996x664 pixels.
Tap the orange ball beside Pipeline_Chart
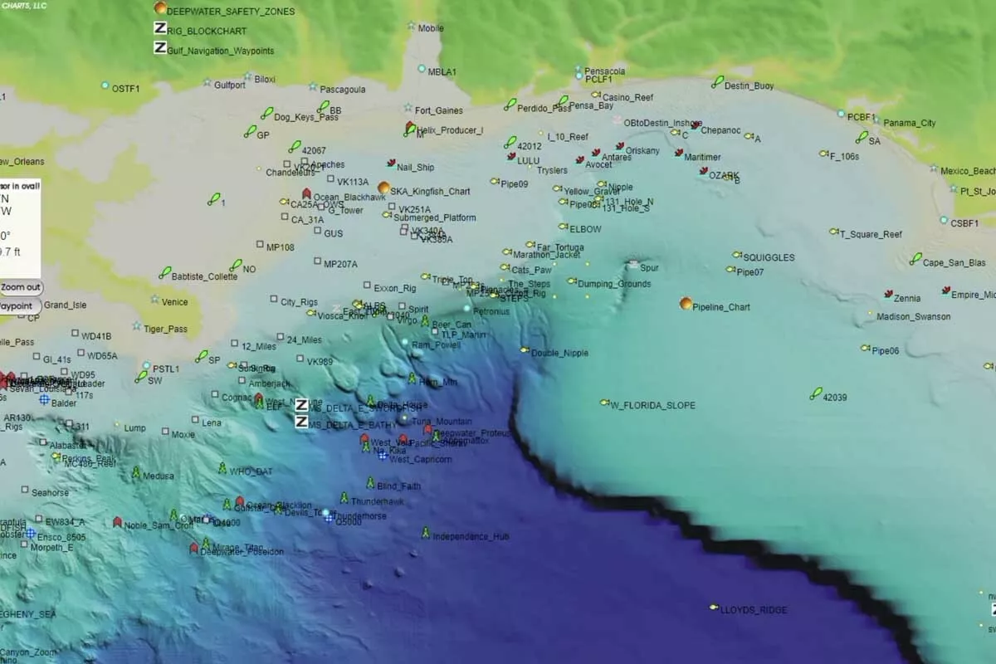[x=686, y=304]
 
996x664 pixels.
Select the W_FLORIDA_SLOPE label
[x=652, y=405]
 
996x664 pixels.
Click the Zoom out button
[x=21, y=287]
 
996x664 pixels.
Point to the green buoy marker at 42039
[x=816, y=393]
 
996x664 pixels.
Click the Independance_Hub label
[x=471, y=536]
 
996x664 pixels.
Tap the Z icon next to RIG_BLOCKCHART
[x=160, y=28]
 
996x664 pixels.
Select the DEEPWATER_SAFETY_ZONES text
[x=231, y=12]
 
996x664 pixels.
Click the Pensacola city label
[x=604, y=71]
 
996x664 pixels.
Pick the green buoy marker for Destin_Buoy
[x=717, y=81]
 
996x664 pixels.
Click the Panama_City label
[x=909, y=123]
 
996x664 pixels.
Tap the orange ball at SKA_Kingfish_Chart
[x=383, y=188]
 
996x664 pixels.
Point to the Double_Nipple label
[x=559, y=353]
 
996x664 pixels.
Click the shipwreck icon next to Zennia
[x=888, y=295]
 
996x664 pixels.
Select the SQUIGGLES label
[x=768, y=257]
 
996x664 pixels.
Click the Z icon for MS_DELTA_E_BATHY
[x=302, y=422]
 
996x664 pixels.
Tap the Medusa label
[x=159, y=476]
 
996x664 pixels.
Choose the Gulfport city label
[x=229, y=85]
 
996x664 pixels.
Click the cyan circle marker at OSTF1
[x=105, y=85]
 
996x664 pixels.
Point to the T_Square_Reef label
[x=871, y=234]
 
